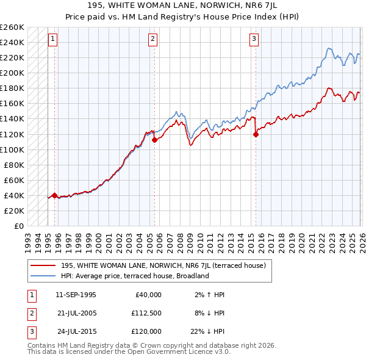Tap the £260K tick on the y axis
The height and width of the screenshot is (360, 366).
(12, 27)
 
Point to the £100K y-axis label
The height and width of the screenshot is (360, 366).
(12, 149)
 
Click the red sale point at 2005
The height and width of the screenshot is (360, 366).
(154, 140)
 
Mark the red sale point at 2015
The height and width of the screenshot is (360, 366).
(256, 135)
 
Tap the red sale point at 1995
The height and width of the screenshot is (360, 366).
(55, 195)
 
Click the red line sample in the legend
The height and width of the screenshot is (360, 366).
(43, 266)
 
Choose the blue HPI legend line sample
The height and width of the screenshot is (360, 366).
(43, 276)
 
